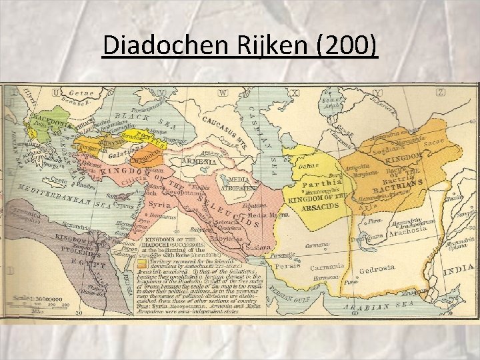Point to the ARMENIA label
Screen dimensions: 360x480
click(197, 161)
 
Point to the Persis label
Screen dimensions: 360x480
click(286, 265)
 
